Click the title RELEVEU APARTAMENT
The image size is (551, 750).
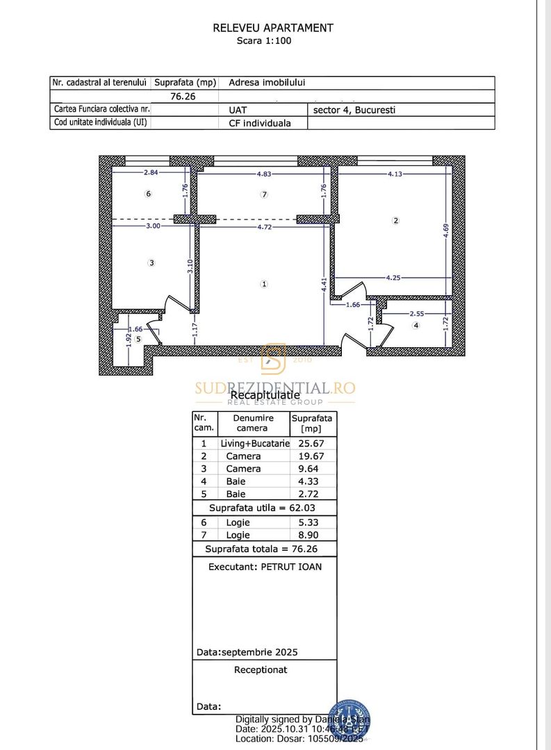(273, 28)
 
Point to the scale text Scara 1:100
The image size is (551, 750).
(264, 41)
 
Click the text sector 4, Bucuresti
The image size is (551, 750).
(354, 110)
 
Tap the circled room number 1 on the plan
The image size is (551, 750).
(264, 283)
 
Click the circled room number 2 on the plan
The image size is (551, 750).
(396, 221)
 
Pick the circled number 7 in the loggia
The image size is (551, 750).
(264, 195)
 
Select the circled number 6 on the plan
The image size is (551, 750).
(148, 194)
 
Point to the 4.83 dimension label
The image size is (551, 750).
(264, 174)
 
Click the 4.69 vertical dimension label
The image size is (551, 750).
(447, 229)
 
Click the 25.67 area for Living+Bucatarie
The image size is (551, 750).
(312, 443)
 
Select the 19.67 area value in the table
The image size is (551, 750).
(312, 456)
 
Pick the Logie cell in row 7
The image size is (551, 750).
(238, 535)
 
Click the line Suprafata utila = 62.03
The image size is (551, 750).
(264, 508)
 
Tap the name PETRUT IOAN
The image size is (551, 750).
(291, 567)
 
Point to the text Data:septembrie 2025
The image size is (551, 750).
(247, 652)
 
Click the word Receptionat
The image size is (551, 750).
(261, 670)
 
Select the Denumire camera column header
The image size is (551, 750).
(253, 423)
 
